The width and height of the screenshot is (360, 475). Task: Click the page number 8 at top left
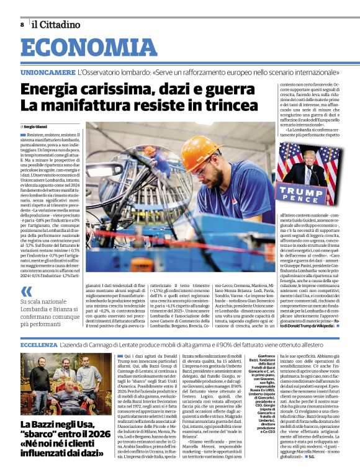[x=22, y=25]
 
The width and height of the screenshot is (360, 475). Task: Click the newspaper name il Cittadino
[x=56, y=25]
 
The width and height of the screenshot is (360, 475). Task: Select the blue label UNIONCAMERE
[x=47, y=73]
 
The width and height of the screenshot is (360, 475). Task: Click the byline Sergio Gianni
[x=38, y=127]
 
